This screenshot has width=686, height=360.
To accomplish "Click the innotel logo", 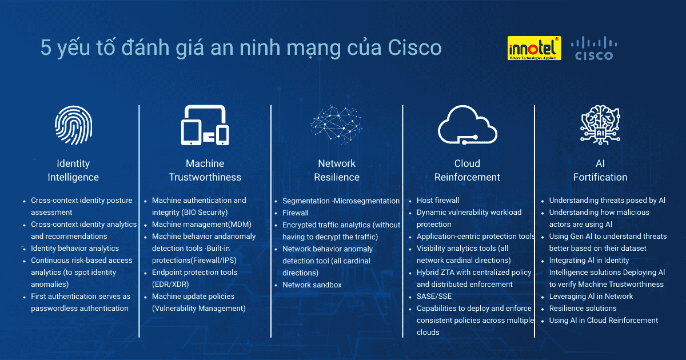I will click(x=534, y=49).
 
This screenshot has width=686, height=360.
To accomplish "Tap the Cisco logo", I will click(x=593, y=49).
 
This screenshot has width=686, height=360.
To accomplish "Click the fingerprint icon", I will click(x=73, y=126).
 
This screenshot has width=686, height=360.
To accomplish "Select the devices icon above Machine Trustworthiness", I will click(x=205, y=125).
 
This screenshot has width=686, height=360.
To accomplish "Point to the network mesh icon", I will click(x=337, y=125).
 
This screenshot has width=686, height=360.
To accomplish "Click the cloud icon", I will click(x=467, y=125).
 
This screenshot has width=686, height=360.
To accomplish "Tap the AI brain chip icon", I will click(x=600, y=125).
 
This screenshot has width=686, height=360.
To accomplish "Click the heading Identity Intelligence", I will click(x=73, y=170).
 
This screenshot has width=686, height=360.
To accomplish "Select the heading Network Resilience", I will click(x=337, y=170).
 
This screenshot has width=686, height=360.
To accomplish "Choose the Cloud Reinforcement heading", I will click(x=467, y=170).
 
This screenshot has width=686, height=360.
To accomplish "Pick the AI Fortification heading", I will click(x=600, y=170).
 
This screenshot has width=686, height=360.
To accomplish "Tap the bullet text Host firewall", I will click(x=438, y=201).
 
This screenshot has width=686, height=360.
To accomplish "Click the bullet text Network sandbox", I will click(x=312, y=285).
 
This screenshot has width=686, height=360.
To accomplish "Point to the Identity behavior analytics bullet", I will click(x=75, y=249).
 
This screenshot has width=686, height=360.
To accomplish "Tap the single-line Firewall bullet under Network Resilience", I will click(x=296, y=213).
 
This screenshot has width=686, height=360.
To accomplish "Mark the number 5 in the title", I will click(x=46, y=48).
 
